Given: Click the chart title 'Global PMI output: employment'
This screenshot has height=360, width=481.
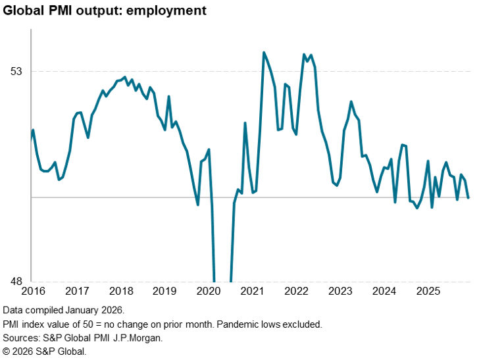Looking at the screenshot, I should point(105,11).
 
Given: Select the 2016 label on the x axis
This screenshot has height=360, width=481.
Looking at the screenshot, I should point(32,291).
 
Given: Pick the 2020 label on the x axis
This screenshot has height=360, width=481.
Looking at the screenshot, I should point(209,291).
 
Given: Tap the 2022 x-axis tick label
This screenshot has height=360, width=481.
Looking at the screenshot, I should point(296,291).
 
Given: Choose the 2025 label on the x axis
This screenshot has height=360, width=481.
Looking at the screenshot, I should point(428,291).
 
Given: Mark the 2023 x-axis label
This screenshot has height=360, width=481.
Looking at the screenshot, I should point(340,291).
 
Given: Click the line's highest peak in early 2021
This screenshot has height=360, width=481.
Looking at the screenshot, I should point(264,53).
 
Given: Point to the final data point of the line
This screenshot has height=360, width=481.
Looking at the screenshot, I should point(468,197).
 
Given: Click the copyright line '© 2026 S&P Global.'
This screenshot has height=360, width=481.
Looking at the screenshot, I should point(44,351).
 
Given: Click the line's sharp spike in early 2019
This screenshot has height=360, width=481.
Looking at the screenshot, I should point(168,97).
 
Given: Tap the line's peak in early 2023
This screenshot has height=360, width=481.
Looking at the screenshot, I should point(351,101).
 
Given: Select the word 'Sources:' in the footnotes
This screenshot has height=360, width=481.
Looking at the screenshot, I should point(21,338).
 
